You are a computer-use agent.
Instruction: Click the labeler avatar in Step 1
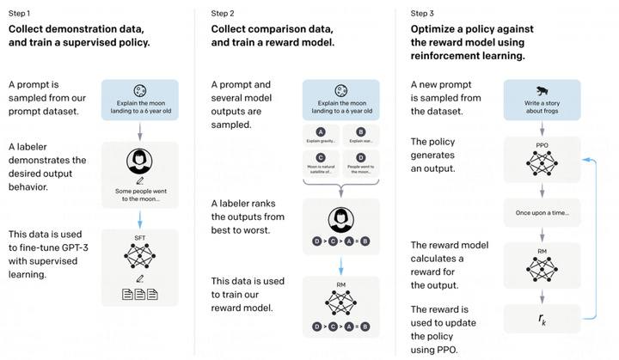point(139,162)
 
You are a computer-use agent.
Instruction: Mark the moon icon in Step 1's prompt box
point(139,91)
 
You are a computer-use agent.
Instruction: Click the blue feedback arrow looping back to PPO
point(595,236)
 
